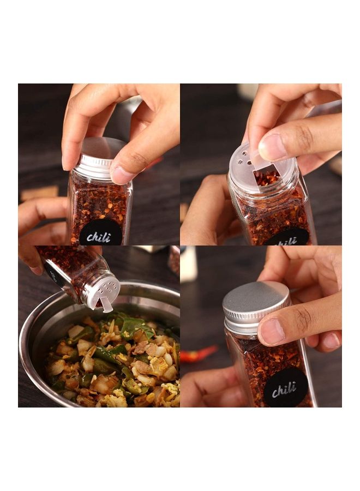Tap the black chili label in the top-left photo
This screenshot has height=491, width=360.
100,233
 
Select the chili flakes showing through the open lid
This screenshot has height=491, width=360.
268,177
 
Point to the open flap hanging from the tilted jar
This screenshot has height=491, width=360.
106,304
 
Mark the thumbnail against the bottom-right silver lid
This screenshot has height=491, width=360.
271,332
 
